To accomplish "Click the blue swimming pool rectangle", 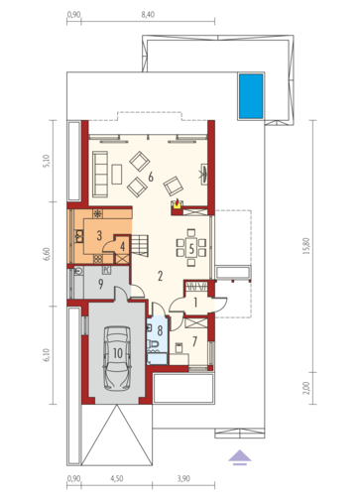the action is pyautogui.click(x=251, y=96).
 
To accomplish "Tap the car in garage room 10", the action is pyautogui.click(x=117, y=358).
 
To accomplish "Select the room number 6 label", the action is pyautogui.click(x=151, y=177).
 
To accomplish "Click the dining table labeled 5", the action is pyautogui.click(x=191, y=248).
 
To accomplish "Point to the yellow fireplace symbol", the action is pyautogui.click(x=177, y=205).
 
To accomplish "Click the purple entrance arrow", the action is pyautogui.click(x=240, y=457).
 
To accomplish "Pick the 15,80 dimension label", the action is pyautogui.click(x=306, y=246).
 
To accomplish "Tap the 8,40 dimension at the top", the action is pyautogui.click(x=148, y=15).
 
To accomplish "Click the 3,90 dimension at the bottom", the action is pyautogui.click(x=183, y=478).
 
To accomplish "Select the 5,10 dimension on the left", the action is pyautogui.click(x=47, y=162).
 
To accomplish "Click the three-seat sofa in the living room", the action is pyautogui.click(x=100, y=175).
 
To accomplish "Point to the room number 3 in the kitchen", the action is pyautogui.click(x=99, y=235).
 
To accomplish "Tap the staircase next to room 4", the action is pyautogui.click(x=140, y=245).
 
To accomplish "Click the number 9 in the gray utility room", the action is pyautogui.click(x=101, y=284).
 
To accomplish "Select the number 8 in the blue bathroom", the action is pyautogui.click(x=161, y=330).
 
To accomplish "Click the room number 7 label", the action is pyautogui.click(x=194, y=341).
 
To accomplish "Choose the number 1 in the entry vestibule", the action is pyautogui.click(x=195, y=303).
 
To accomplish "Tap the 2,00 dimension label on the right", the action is pyautogui.click(x=306, y=388).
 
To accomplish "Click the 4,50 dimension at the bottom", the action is pyautogui.click(x=117, y=478).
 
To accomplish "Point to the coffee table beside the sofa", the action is pyautogui.click(x=117, y=175).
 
